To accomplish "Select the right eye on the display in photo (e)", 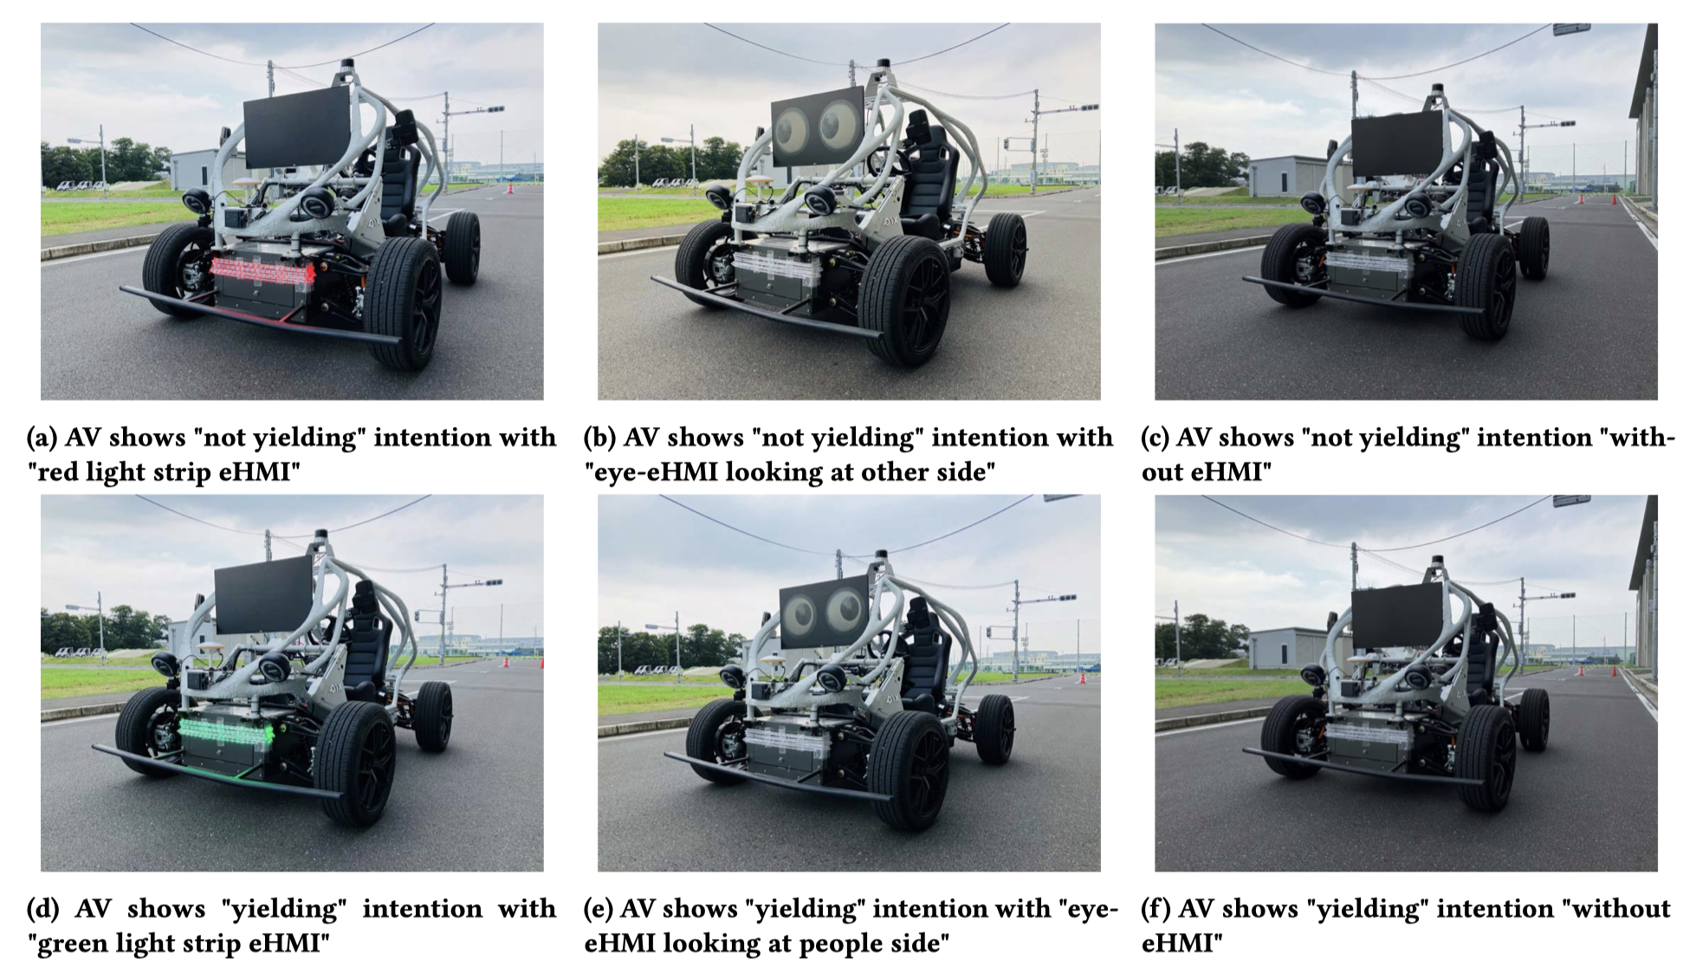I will (x=844, y=611).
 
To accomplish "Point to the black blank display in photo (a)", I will (x=296, y=126).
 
